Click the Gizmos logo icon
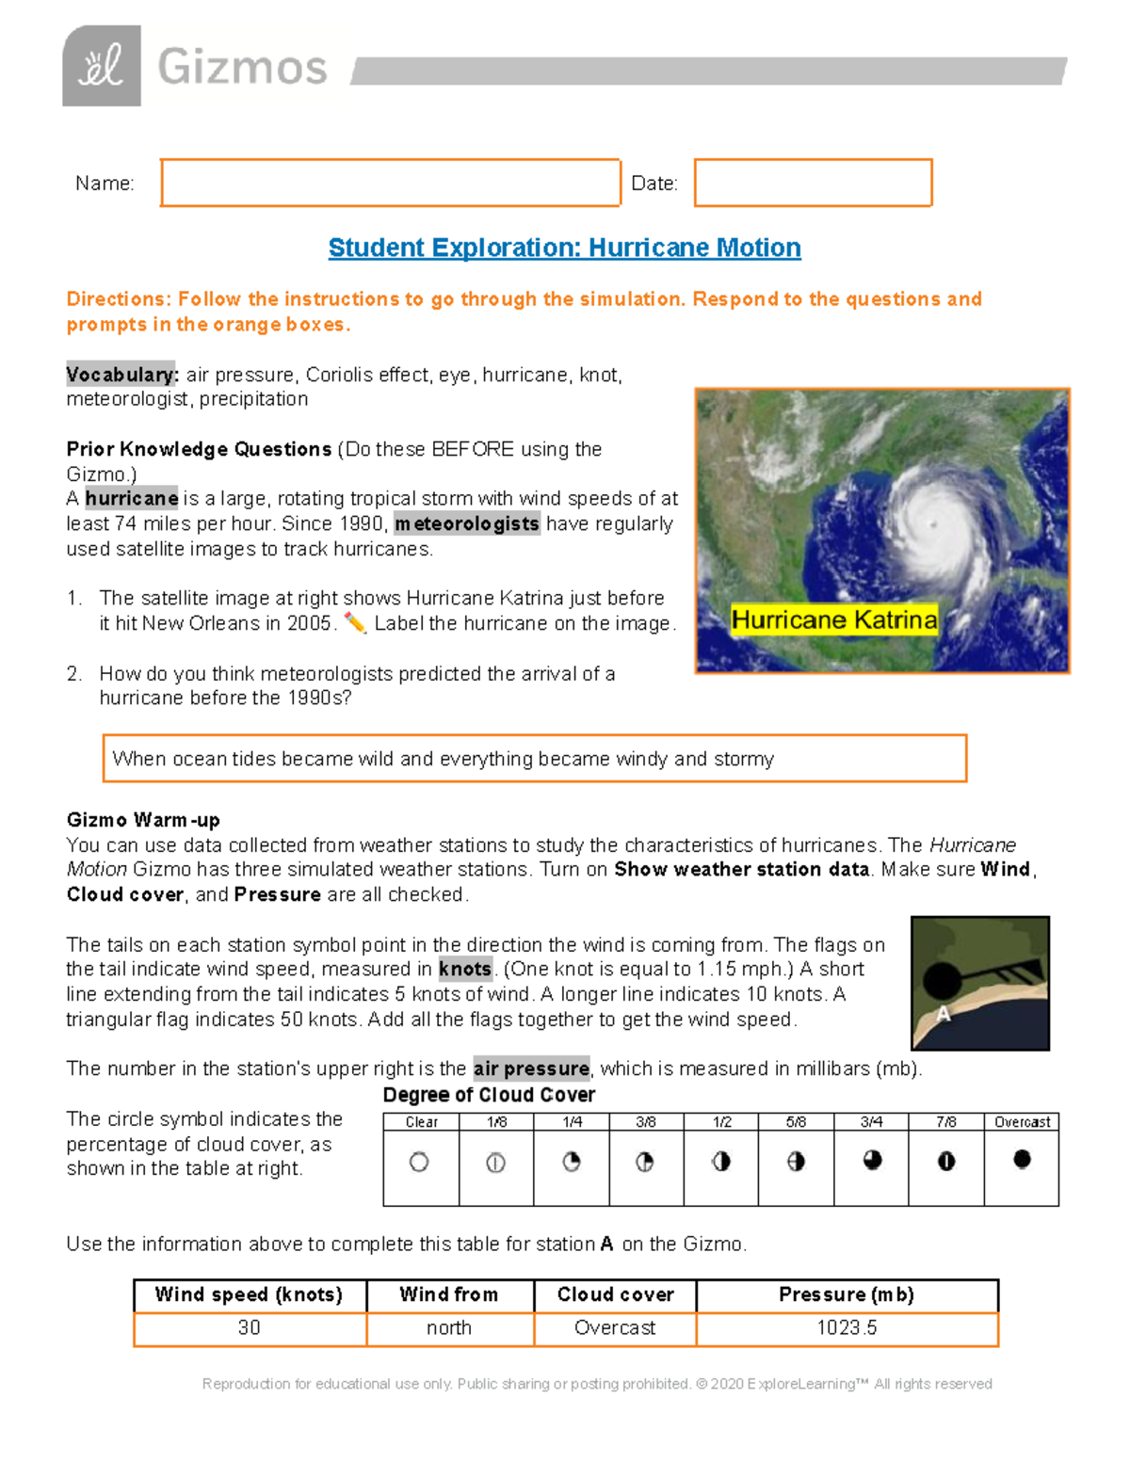102,66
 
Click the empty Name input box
390,183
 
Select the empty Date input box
813,183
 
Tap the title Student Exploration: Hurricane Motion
564,248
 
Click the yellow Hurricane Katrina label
834,619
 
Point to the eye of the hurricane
932,523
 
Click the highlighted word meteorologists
467,523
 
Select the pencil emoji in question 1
355,623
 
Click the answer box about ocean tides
534,759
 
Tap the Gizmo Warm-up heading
143,819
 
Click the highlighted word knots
465,969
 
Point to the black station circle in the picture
942,981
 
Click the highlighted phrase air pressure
531,1068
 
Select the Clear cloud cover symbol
420,1163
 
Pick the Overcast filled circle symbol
1022,1160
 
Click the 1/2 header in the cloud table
721,1121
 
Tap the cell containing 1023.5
847,1328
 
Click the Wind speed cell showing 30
250,1328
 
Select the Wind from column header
449,1294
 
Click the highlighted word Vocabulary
121,375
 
